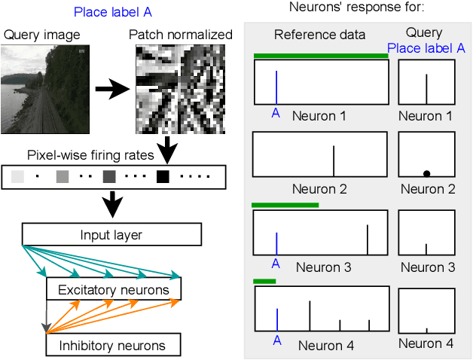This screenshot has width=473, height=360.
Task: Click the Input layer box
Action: (x=111, y=234)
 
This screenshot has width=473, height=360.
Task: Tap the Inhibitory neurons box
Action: (x=113, y=346)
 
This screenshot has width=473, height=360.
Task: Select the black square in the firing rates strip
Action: (x=163, y=177)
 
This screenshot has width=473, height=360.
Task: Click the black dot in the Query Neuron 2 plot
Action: (x=426, y=173)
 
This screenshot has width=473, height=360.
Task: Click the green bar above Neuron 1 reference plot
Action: (x=321, y=56)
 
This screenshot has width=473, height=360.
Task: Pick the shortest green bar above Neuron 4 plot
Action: (x=264, y=282)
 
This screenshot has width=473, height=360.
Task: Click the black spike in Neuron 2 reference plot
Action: (x=334, y=160)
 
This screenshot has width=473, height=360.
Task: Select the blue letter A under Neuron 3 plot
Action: (x=275, y=264)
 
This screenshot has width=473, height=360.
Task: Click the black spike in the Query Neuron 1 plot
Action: (x=426, y=89)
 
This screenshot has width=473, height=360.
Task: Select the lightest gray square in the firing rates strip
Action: (x=17, y=177)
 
